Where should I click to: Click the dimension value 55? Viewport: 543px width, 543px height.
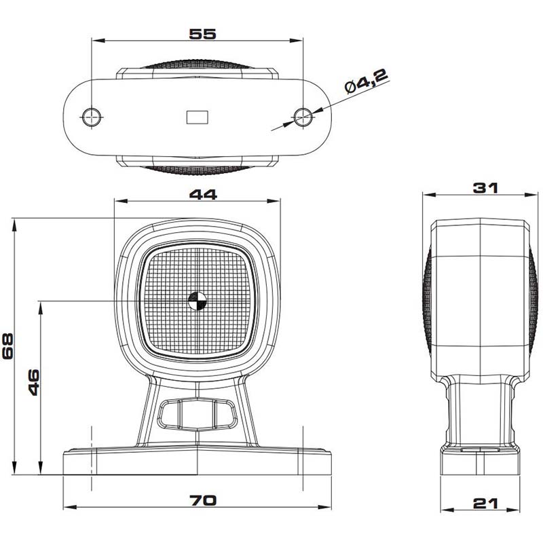point(202,34)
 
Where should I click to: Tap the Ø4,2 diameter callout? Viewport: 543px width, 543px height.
point(367,81)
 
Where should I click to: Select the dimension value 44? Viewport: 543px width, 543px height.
point(203,195)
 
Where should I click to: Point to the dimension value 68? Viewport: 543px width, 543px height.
point(7,346)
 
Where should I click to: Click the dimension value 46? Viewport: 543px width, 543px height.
point(33,382)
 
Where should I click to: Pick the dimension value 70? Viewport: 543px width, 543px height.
point(203,500)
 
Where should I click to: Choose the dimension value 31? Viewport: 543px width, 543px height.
point(485,188)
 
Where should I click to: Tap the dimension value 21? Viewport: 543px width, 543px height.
point(485,504)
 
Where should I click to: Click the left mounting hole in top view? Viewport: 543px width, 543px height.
point(92,117)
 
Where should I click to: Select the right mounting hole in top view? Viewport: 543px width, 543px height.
point(303,117)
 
